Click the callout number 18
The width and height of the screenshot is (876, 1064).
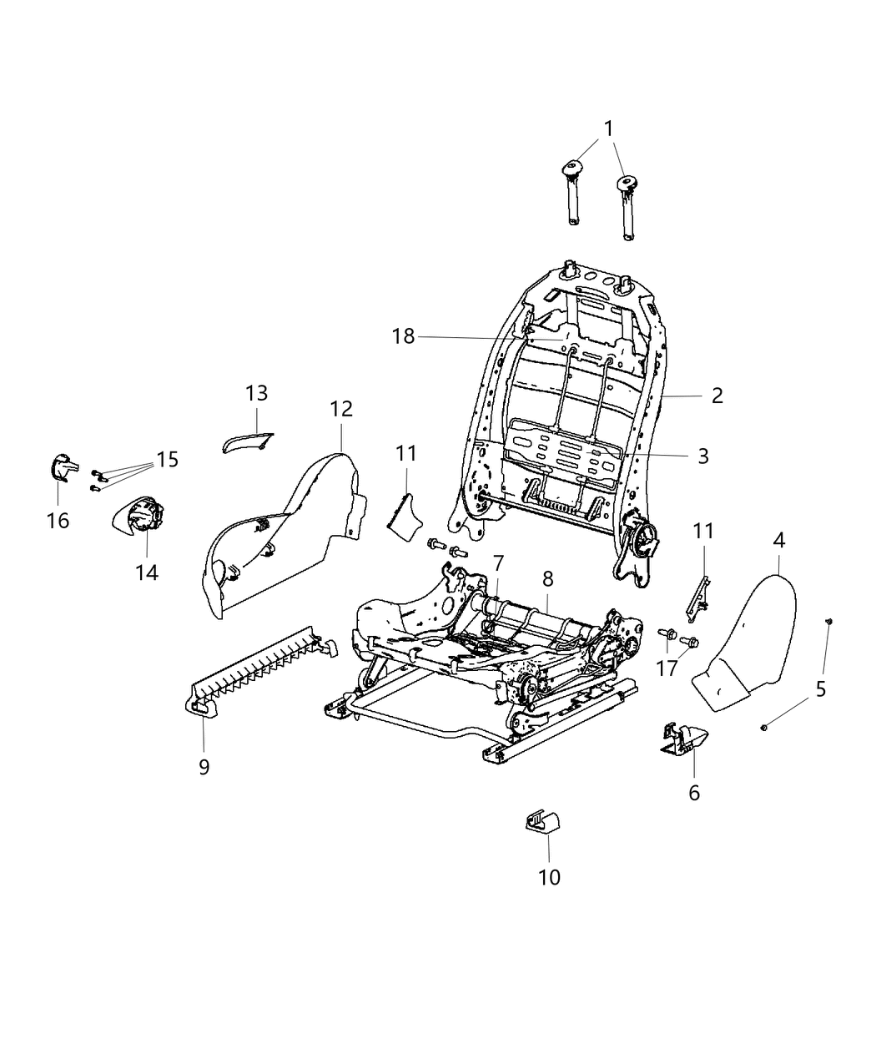[x=403, y=336]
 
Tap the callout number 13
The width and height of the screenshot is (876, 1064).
[x=256, y=392]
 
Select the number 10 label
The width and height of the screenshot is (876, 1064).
[x=549, y=876]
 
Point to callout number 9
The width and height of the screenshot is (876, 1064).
[x=204, y=767]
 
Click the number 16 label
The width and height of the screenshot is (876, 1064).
[x=58, y=521]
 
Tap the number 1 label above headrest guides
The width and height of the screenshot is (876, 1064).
[x=608, y=129]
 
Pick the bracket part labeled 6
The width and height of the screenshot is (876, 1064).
[x=684, y=739]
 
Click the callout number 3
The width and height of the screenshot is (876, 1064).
[x=702, y=456]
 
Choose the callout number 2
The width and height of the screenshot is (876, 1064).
[x=717, y=396]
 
